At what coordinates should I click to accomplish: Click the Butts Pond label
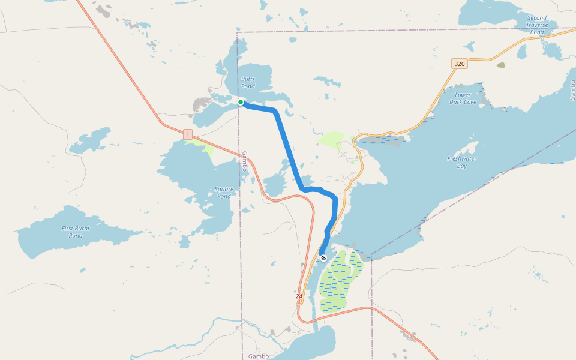tap(248, 83)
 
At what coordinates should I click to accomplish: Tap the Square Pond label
tap(224, 193)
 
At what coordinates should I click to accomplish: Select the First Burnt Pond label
tap(76, 232)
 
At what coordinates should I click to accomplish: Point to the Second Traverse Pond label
tap(537, 25)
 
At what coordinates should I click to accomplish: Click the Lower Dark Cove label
tap(463, 98)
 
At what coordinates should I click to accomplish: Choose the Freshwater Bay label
tap(461, 162)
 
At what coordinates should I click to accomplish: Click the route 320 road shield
tap(460, 64)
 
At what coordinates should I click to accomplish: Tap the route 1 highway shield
tap(188, 134)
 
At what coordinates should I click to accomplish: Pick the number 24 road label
tap(299, 296)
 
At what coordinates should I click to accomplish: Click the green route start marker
tap(241, 102)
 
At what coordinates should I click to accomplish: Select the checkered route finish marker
tap(323, 258)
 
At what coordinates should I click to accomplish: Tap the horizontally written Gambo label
tap(259, 356)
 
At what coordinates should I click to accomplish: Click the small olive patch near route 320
tap(501, 65)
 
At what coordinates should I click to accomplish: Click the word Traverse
tap(537, 25)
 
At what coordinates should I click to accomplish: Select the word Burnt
tap(76, 228)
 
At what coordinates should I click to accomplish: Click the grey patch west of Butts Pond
tap(200, 106)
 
